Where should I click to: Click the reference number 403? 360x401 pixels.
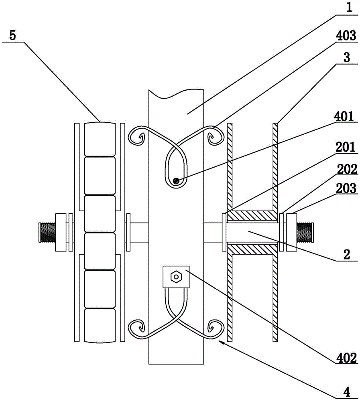click(x=346, y=35)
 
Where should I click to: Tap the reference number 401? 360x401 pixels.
click(x=344, y=116)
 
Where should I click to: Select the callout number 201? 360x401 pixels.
click(x=346, y=148)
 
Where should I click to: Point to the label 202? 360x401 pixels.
click(x=347, y=170)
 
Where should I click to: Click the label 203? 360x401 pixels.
click(x=346, y=188)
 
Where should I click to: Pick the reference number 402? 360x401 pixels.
click(x=346, y=358)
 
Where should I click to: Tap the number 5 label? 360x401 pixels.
click(x=12, y=35)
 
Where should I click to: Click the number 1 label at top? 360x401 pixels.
click(x=349, y=7)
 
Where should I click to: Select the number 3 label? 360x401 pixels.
click(x=346, y=57)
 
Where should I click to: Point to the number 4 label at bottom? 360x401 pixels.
click(x=347, y=391)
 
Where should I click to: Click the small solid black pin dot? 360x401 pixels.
click(x=176, y=181)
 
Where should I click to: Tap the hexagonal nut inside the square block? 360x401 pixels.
click(x=176, y=277)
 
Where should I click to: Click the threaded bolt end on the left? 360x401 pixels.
click(x=47, y=232)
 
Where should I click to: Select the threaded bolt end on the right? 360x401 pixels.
click(x=305, y=232)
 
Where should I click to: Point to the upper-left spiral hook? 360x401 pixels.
click(x=137, y=136)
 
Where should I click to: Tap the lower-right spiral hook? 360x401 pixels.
click(x=215, y=329)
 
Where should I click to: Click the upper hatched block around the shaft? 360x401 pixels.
click(x=253, y=216)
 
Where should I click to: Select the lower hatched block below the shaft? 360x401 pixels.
click(x=253, y=249)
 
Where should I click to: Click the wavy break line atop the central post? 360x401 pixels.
click(x=176, y=93)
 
